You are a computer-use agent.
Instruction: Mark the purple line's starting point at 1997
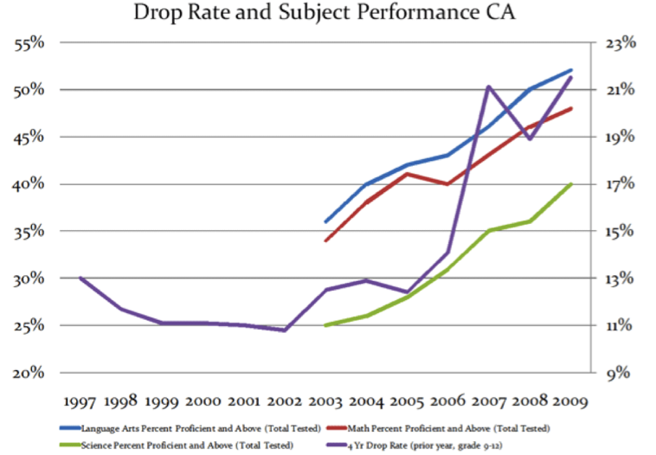(80, 278)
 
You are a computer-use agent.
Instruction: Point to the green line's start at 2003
(325, 325)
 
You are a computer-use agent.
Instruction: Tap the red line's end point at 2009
(569, 108)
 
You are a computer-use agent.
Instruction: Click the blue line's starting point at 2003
(325, 221)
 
